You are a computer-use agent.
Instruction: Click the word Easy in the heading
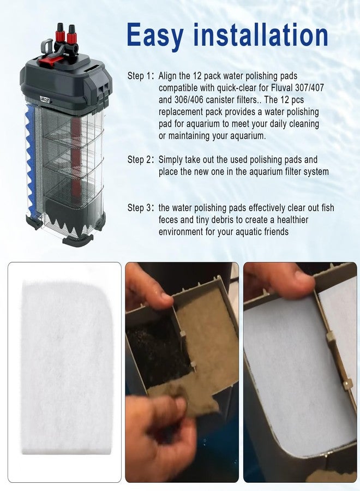(x=155, y=36)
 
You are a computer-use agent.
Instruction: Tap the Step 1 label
(x=141, y=76)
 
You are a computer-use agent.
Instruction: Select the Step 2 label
(x=141, y=160)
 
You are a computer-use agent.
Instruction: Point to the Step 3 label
(x=141, y=208)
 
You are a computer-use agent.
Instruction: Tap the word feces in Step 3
(x=169, y=220)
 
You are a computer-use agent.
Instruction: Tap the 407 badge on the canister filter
(x=45, y=100)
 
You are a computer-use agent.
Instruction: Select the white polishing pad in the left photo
(x=66, y=367)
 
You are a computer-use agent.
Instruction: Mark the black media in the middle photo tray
(x=157, y=348)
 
